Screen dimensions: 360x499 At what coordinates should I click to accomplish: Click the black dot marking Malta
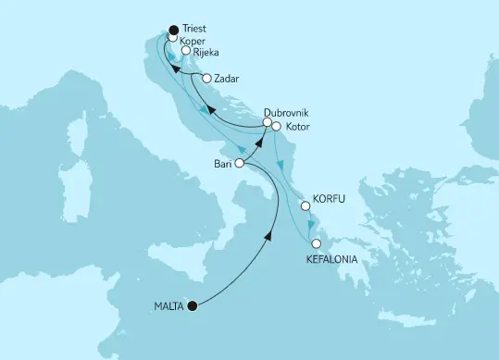[192, 306]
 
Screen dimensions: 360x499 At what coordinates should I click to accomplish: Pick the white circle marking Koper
[172, 39]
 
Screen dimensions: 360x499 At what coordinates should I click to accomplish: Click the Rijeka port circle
[186, 52]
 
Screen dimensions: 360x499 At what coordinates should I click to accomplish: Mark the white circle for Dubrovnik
[267, 123]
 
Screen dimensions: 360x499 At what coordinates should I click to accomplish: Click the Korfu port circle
[306, 208]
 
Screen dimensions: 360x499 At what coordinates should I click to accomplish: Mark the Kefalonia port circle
[316, 245]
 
